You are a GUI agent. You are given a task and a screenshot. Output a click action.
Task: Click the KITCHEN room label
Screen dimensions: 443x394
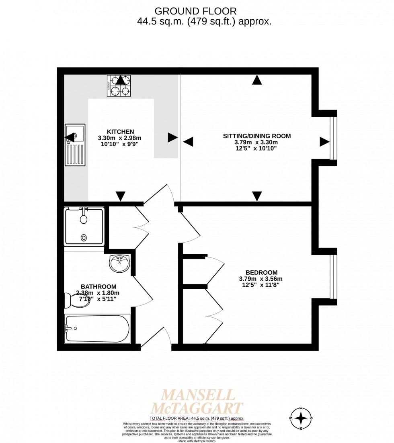120,132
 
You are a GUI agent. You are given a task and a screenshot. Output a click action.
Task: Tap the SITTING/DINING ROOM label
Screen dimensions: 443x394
257,136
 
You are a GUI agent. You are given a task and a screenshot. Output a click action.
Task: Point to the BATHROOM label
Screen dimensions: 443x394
98,286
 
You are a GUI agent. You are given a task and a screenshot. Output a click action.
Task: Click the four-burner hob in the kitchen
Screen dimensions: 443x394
119,86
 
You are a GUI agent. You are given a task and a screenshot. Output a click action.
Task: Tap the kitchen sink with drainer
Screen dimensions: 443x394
75,145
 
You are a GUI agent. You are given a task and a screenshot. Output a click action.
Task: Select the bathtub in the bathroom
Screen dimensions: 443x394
98,329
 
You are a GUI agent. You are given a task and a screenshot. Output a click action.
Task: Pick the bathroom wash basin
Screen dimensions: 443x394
119,263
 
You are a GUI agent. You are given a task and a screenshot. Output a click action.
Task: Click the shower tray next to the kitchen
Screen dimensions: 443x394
84,226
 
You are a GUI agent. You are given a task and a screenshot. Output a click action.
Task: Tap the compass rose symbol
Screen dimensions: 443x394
301,419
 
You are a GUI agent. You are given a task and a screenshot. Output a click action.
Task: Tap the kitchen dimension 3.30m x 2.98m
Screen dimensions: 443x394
120,138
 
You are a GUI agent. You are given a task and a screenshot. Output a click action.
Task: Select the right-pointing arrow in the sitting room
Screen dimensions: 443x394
324,142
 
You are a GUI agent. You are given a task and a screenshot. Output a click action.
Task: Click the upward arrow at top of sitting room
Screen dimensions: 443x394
257,80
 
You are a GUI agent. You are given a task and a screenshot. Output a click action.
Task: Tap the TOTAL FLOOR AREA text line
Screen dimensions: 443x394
197,419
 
